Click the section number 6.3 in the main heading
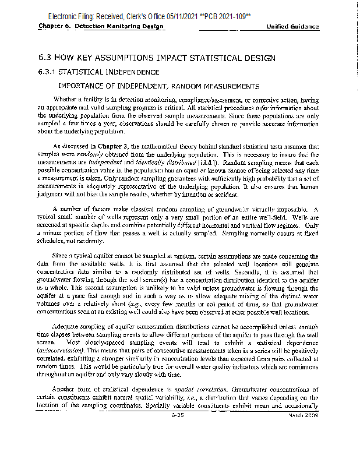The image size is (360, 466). tap(45, 59)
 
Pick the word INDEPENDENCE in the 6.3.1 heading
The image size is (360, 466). tap(131, 72)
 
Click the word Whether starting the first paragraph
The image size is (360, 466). tap(65, 98)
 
